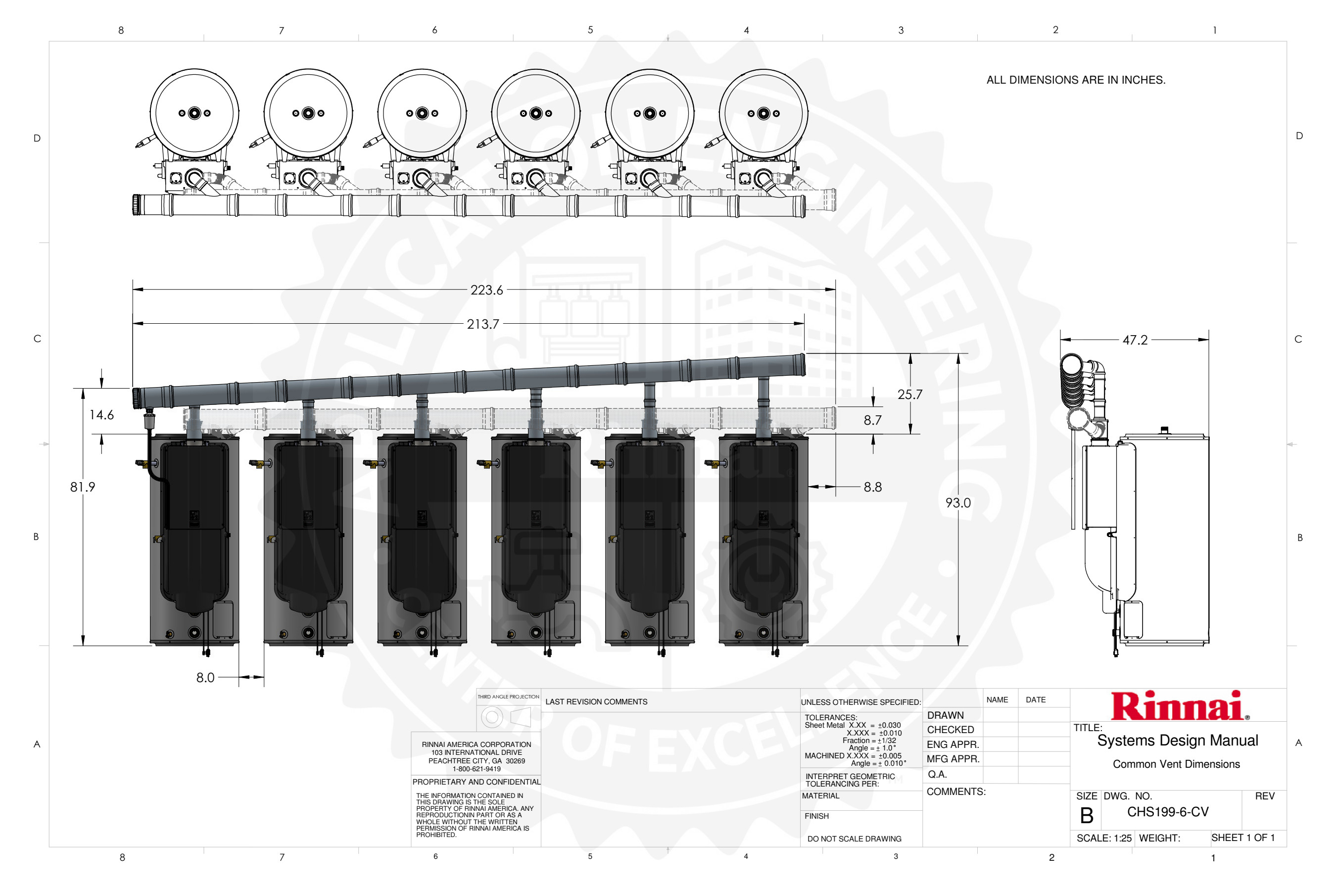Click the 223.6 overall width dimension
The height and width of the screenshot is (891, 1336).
(486, 290)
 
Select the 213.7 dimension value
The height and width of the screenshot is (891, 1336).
(483, 324)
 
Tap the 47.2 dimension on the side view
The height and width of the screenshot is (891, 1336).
(1135, 340)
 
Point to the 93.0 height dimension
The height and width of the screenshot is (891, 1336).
(957, 503)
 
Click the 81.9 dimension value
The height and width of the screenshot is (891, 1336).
(82, 487)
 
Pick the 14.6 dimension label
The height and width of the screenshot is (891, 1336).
(101, 415)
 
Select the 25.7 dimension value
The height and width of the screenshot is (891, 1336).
(910, 395)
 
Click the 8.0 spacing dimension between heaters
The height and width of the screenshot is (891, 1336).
(205, 677)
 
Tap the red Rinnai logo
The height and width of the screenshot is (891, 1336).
(1180, 706)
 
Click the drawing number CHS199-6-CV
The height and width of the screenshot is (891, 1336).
(1168, 812)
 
